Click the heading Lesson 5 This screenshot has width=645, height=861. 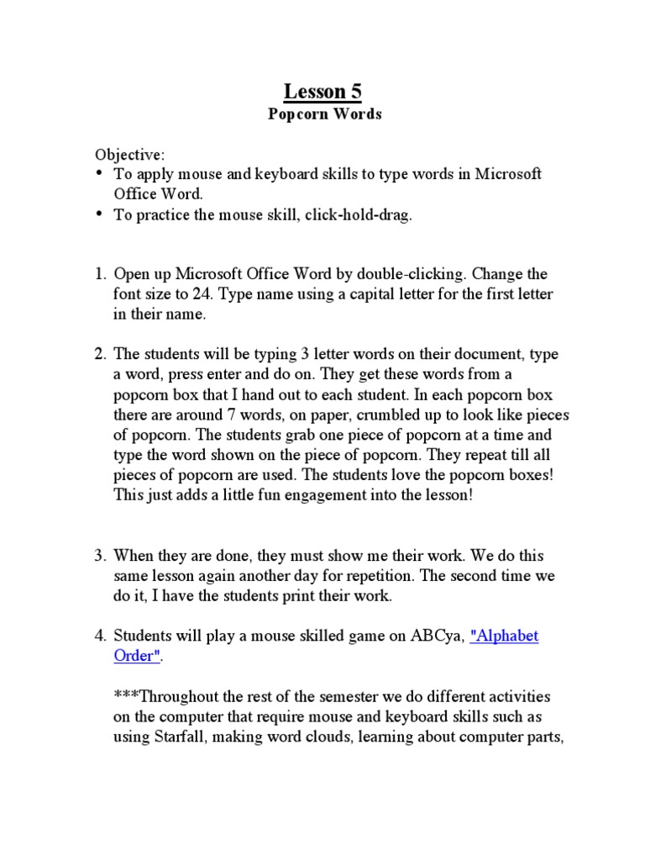(322, 91)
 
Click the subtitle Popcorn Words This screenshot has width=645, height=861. (324, 114)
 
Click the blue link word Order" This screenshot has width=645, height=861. (136, 656)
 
